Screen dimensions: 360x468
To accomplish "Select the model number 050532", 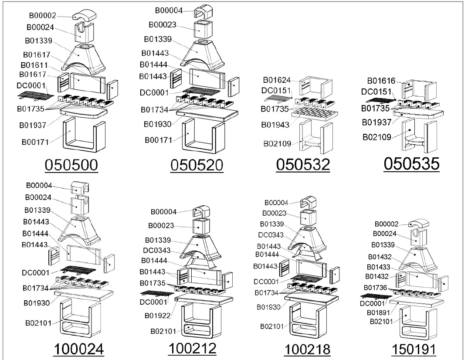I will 303,165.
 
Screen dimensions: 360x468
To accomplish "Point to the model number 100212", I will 192,348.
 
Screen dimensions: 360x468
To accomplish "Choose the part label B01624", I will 277,80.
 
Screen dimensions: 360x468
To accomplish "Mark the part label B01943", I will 276,125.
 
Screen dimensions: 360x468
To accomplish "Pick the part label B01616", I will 381,81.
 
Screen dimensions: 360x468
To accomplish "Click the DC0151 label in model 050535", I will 376,92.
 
